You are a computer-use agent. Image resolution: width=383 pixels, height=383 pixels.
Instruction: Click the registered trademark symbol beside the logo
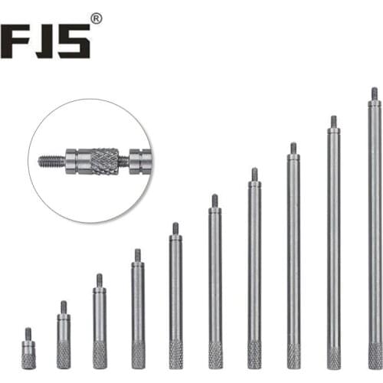[97, 19]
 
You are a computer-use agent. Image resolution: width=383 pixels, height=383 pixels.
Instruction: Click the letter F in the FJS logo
[16, 41]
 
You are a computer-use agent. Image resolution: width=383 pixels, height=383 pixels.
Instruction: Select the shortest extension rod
[28, 349]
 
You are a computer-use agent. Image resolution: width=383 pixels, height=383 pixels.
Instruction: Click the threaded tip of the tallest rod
[375, 94]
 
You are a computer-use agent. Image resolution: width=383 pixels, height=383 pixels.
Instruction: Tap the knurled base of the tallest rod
[375, 356]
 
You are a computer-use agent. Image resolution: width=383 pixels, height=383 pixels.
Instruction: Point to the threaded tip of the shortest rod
[28, 334]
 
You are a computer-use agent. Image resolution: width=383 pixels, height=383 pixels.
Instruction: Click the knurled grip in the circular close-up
[105, 161]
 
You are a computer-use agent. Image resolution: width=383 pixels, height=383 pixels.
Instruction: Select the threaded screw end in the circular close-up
[51, 160]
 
